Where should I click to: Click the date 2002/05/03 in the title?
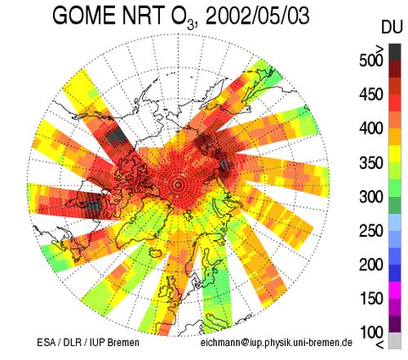click(x=257, y=16)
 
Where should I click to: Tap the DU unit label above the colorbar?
click(x=392, y=27)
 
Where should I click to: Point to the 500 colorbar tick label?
click(x=371, y=60)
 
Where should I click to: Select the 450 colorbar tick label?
click(x=371, y=95)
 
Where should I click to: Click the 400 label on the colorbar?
click(x=371, y=128)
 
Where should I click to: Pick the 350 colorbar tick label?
click(x=371, y=162)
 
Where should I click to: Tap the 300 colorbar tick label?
click(x=371, y=197)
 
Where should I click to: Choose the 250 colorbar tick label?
click(x=371, y=231)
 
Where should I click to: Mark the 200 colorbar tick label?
click(x=371, y=264)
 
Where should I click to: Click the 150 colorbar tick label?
click(x=371, y=299)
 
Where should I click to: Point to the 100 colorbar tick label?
click(x=371, y=332)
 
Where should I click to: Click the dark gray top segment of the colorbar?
click(x=395, y=52)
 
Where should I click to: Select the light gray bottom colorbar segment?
click(x=395, y=340)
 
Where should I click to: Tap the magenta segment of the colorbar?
click(x=395, y=290)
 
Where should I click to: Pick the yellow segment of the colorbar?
click(x=395, y=154)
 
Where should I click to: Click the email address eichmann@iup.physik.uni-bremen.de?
click(x=277, y=343)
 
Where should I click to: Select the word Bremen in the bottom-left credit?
click(x=123, y=342)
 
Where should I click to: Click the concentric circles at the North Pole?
click(x=178, y=185)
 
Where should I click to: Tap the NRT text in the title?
click(x=143, y=16)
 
